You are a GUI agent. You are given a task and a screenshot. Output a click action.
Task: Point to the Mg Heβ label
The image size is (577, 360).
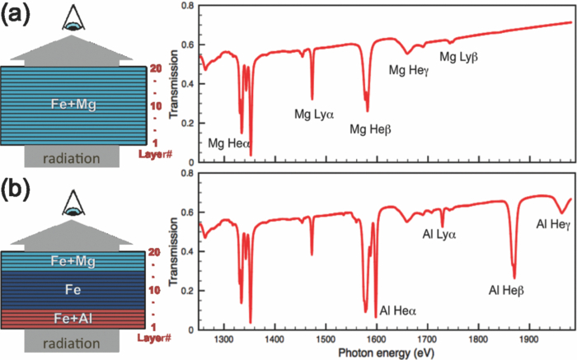(x=371, y=129)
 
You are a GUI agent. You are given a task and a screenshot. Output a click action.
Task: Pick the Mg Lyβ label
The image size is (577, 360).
(x=458, y=57)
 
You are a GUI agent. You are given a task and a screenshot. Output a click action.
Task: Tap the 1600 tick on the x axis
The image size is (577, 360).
(x=377, y=337)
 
